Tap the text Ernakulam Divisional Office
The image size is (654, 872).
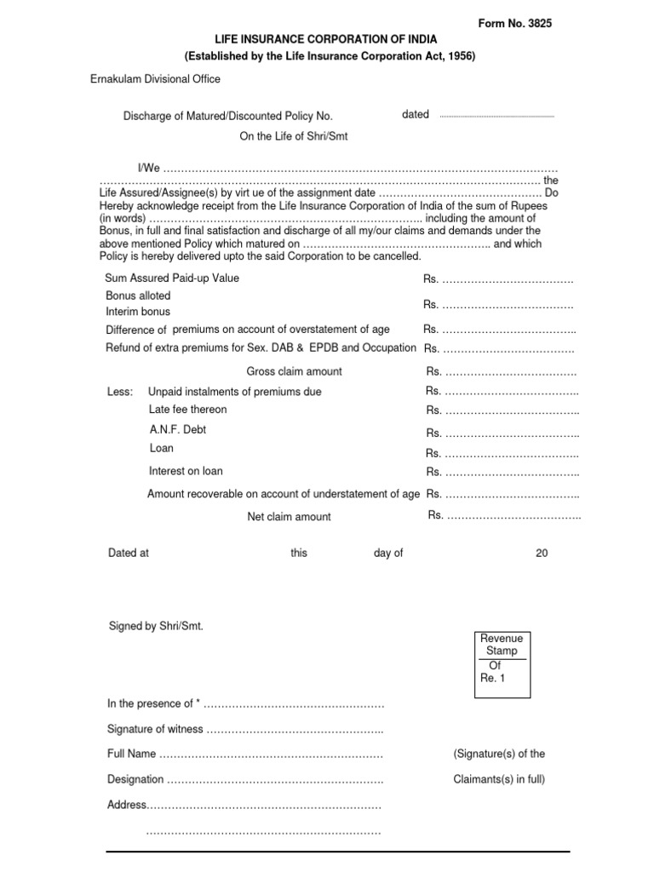[156, 79]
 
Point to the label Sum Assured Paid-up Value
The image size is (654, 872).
[172, 278]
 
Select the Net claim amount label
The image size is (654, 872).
[289, 517]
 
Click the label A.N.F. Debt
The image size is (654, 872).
[177, 430]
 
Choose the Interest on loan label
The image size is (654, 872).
[186, 471]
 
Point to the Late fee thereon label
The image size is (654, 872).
[187, 410]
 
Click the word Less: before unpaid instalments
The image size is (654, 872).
[120, 392]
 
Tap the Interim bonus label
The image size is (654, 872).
[138, 312]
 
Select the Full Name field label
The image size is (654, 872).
[131, 754]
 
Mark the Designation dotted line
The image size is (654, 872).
[274, 780]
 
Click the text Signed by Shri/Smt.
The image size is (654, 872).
[156, 626]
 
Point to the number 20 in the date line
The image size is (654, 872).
[542, 554]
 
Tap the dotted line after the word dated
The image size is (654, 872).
[496, 116]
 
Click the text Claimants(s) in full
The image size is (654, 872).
[499, 779]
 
